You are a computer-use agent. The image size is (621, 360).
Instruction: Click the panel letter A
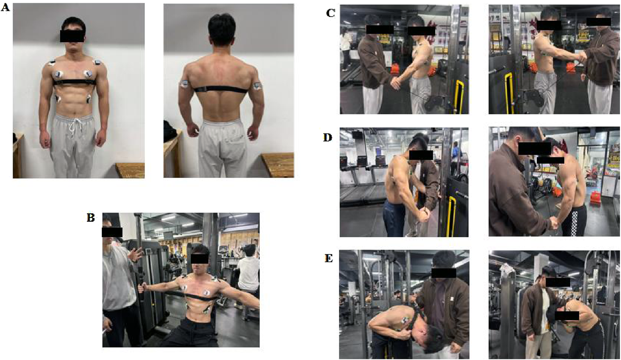click(x=5, y=7)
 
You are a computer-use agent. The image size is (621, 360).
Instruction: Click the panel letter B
click(x=91, y=218)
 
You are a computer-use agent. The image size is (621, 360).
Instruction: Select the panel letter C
click(x=330, y=13)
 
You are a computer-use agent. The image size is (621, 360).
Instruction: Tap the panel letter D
click(x=327, y=137)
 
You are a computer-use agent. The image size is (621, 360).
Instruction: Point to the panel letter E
click(x=329, y=258)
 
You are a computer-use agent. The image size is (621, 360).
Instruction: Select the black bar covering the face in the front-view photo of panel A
click(x=72, y=36)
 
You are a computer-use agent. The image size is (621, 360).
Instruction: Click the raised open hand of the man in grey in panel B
click(x=135, y=254)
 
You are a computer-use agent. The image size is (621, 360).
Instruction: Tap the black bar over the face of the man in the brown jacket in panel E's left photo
click(x=444, y=273)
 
